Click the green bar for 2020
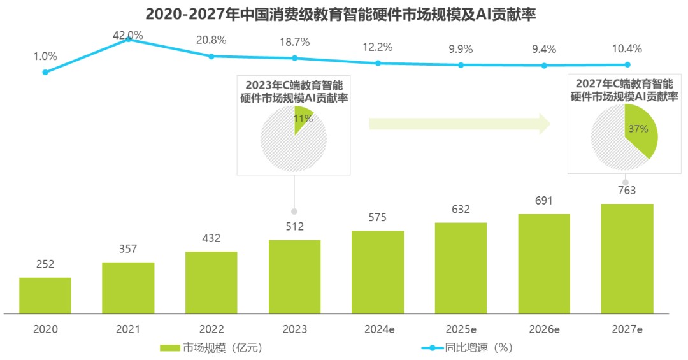[x=45, y=296]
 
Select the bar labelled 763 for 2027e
[x=627, y=259]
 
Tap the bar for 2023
[x=294, y=277]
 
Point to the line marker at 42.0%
[x=129, y=39]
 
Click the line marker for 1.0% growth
[x=45, y=72]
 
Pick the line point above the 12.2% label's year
[x=378, y=63]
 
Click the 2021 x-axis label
[x=128, y=329]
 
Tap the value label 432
[x=211, y=238]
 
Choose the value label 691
[x=543, y=201]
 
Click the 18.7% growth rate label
[x=295, y=42]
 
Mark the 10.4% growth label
[x=627, y=48]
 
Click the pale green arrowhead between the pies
[x=545, y=124]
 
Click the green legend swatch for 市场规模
[x=170, y=348]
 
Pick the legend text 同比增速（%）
[x=478, y=348]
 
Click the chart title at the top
[x=341, y=15]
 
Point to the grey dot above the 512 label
[x=294, y=212]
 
